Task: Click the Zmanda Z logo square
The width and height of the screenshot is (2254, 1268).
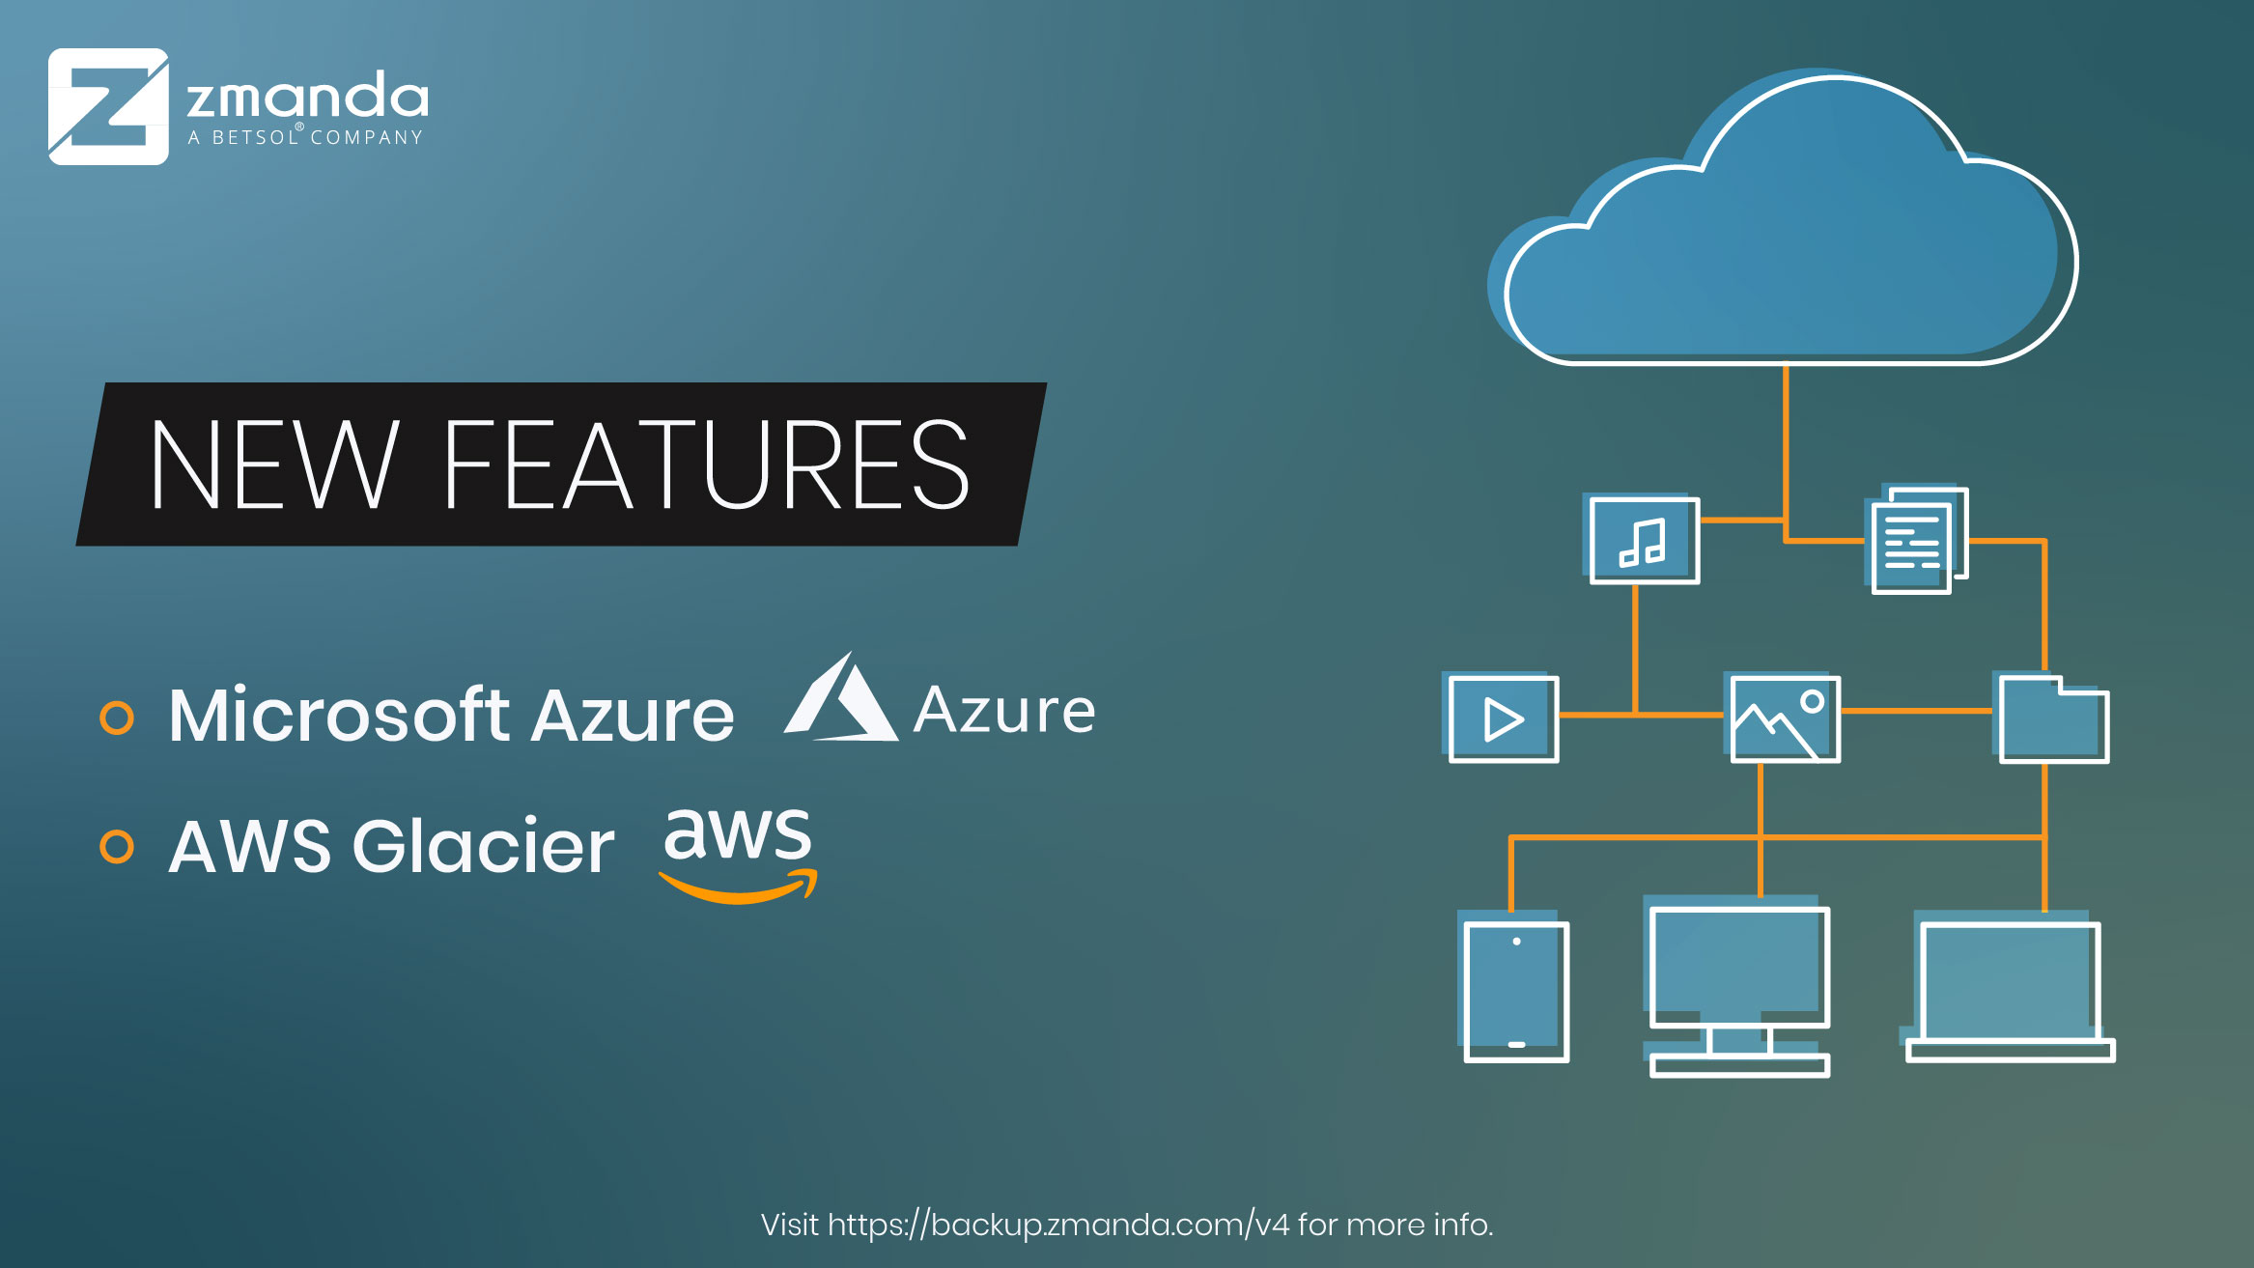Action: click(x=108, y=106)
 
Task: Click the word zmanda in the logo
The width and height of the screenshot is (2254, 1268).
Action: click(x=307, y=97)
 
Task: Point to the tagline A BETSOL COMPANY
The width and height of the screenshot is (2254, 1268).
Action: click(x=306, y=137)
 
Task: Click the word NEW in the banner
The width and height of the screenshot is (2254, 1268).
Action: click(x=274, y=465)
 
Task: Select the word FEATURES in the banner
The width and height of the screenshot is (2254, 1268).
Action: click(x=706, y=465)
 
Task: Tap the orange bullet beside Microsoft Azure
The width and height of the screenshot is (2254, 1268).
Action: click(x=117, y=718)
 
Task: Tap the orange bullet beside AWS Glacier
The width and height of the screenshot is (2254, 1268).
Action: click(x=117, y=847)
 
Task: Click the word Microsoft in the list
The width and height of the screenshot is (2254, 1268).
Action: click(x=339, y=716)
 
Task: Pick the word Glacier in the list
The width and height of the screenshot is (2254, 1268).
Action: click(x=483, y=847)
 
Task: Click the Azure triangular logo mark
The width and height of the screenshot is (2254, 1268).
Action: click(x=840, y=700)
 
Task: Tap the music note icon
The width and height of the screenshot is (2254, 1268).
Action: click(x=1644, y=541)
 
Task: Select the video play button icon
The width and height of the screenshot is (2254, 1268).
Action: click(x=1503, y=719)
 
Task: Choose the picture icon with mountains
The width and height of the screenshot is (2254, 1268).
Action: click(x=1784, y=719)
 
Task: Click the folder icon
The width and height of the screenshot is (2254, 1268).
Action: click(x=2053, y=720)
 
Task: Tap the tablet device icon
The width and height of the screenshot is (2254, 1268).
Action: click(x=1516, y=991)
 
